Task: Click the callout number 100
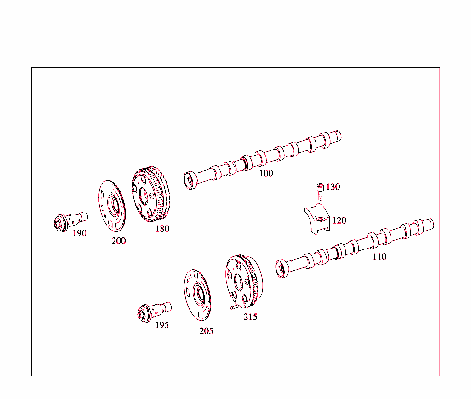[x=266, y=173]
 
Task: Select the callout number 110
[x=379, y=257]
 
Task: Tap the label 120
[x=339, y=220]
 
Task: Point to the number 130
[x=333, y=187]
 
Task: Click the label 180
[x=162, y=229]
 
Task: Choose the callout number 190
[x=80, y=233]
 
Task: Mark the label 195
[x=162, y=325]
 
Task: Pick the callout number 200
[x=119, y=241]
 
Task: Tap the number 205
[x=207, y=331]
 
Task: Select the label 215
[x=251, y=317]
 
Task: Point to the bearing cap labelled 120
[x=317, y=219]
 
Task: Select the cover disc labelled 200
[x=112, y=205]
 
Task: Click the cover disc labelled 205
[x=197, y=294]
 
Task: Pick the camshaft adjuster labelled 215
[x=244, y=281]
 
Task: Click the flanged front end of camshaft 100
[x=190, y=180]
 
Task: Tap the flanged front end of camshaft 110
[x=281, y=269]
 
